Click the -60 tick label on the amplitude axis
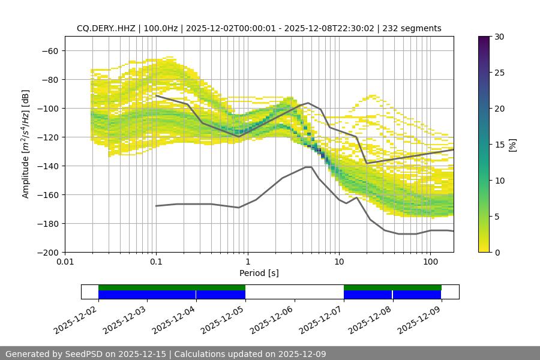[50, 50]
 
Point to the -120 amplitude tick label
[47, 137]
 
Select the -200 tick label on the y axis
[47, 252]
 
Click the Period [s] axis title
[259, 274]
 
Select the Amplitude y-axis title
[26, 144]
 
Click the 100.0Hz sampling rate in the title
[161, 28]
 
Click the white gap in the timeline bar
[294, 292]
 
